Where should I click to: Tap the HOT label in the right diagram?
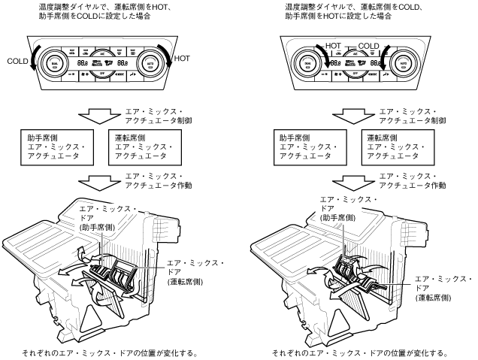334,46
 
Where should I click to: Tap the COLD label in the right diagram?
369,46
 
